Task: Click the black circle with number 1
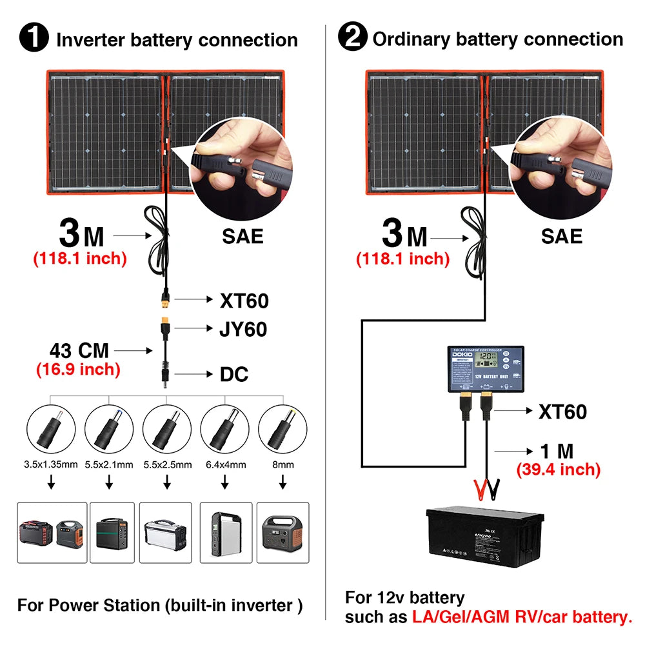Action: [34, 38]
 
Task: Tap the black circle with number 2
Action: [353, 38]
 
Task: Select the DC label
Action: [234, 374]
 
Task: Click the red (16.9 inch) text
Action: [77, 369]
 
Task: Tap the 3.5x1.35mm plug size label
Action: [50, 464]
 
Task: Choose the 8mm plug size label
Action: [282, 464]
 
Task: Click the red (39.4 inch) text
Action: [558, 469]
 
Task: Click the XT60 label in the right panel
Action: [562, 412]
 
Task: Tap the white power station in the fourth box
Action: [224, 532]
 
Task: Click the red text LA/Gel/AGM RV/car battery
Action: [522, 617]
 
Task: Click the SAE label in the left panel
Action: [243, 236]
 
